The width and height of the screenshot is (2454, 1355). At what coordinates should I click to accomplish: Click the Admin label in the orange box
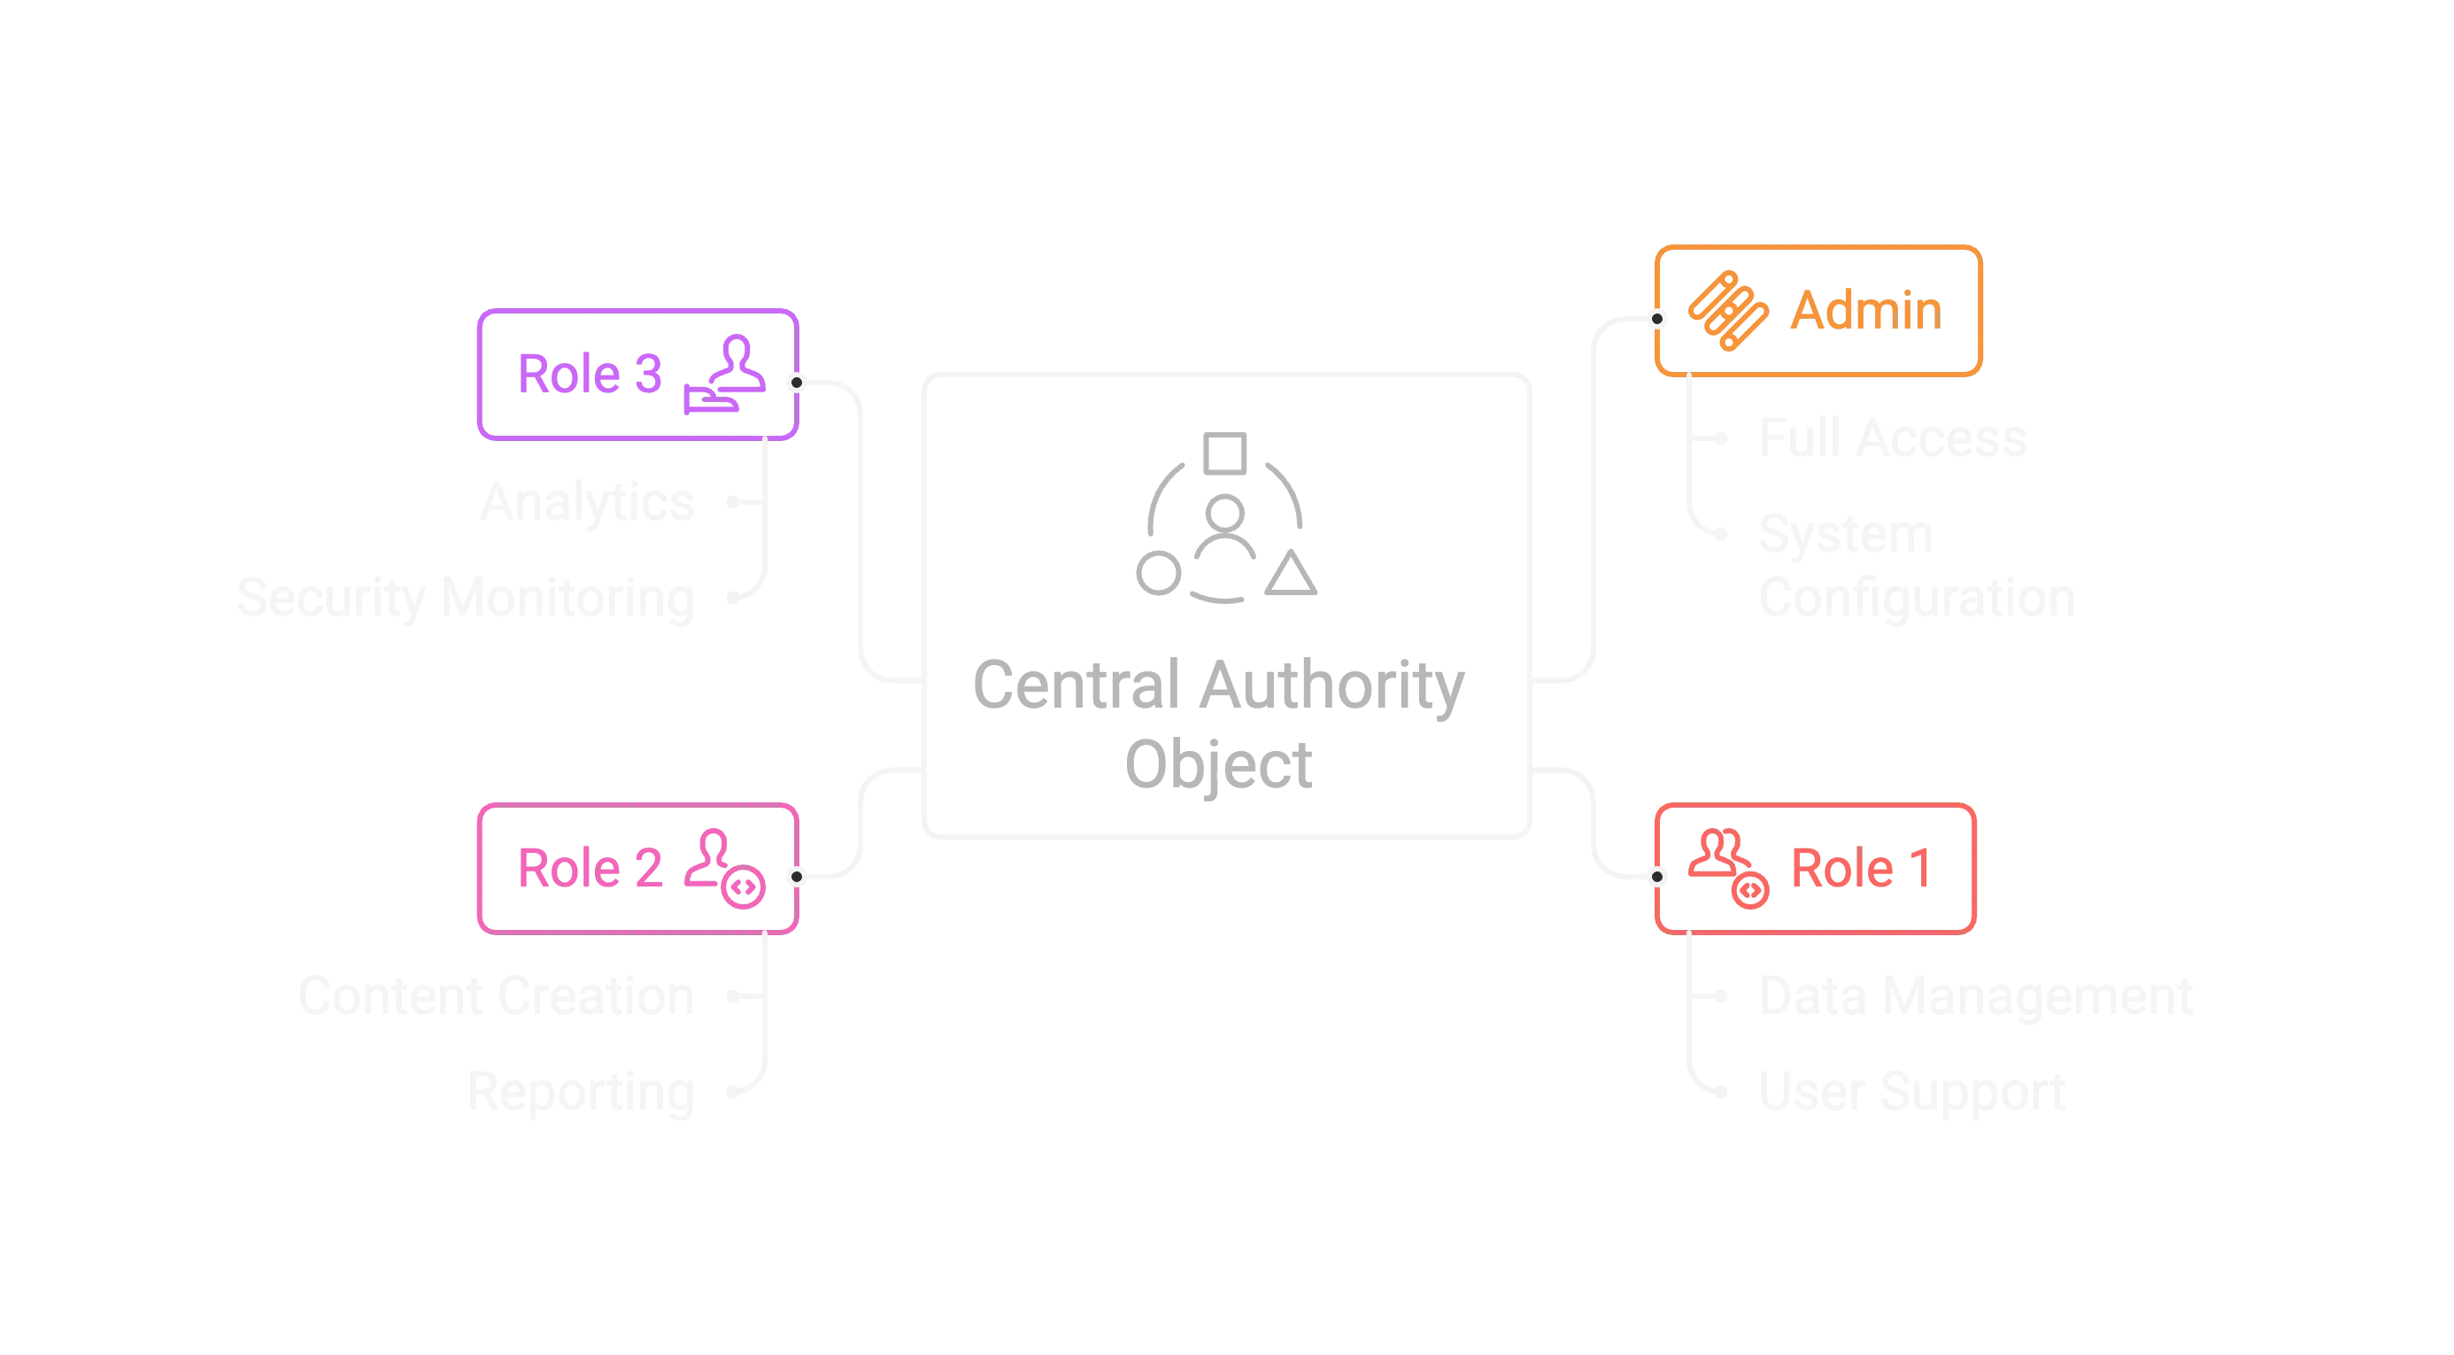tap(1864, 311)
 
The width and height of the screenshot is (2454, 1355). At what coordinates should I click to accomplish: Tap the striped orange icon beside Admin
tap(1727, 311)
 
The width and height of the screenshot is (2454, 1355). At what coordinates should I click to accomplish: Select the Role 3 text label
tap(590, 373)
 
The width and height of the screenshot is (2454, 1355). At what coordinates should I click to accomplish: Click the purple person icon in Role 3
tap(726, 375)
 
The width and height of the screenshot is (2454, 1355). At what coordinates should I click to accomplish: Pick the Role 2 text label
tap(590, 868)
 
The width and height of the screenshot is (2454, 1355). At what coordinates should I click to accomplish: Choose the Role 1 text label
tap(1862, 868)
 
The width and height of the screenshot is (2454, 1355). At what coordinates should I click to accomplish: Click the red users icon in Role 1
tap(1727, 868)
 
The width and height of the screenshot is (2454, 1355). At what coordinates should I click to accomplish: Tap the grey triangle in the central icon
tap(1293, 575)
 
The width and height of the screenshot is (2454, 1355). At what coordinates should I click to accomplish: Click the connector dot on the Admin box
tap(1658, 318)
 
